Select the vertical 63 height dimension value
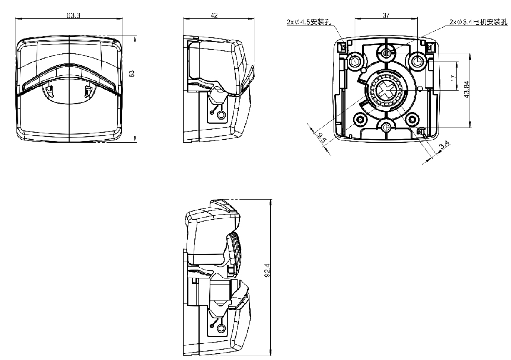131,74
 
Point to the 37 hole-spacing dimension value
386,15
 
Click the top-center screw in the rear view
386,52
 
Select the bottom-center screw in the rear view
386,127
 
